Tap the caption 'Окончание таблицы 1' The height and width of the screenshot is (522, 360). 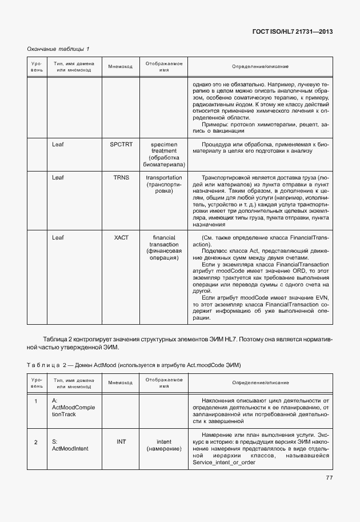coord(59,49)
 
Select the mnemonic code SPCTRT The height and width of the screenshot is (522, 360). coord(121,145)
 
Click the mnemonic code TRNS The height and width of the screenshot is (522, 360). coord(121,178)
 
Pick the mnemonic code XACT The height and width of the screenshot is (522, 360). coord(121,237)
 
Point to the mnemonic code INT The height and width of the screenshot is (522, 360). coord(121,441)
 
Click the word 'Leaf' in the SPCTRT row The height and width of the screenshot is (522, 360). coord(58,145)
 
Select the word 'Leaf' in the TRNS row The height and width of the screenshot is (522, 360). coord(58,178)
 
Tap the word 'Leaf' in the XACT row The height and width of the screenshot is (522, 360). coord(58,237)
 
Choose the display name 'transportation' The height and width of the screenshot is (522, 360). coord(164,178)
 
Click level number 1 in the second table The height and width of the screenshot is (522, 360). coord(36,401)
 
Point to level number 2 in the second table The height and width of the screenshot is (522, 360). coord(36,442)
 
